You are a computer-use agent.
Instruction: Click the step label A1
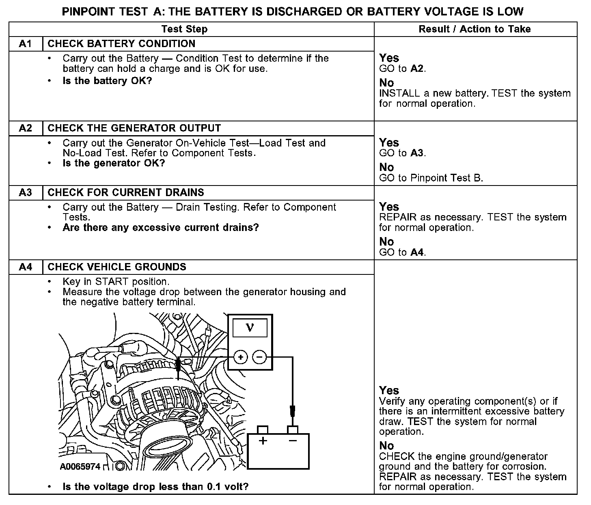tap(25, 44)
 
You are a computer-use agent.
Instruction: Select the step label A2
tap(25, 128)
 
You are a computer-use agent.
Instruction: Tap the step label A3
tap(25, 192)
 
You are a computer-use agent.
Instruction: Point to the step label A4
tap(25, 267)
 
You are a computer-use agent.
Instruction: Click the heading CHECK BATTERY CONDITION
tap(121, 44)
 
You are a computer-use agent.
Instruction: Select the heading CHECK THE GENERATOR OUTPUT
tap(134, 128)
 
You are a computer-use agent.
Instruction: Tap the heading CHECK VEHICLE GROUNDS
tap(117, 267)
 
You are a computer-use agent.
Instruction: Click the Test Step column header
tap(184, 29)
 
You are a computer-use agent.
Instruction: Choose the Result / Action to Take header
tap(475, 29)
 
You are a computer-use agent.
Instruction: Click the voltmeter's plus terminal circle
tap(240, 357)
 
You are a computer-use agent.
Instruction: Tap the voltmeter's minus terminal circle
tap(259, 357)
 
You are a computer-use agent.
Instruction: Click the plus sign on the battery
tap(263, 441)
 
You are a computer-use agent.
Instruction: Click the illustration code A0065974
tap(80, 467)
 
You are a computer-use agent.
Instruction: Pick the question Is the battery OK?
tap(107, 81)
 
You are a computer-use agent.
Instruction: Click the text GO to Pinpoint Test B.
tap(431, 178)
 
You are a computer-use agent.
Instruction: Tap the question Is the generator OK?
tap(114, 163)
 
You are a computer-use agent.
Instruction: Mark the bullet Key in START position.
tap(116, 282)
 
